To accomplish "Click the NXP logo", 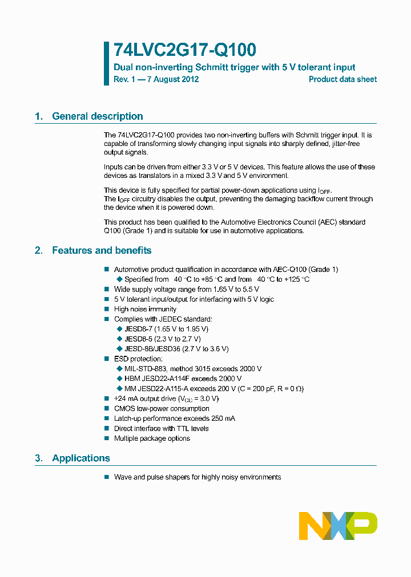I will [x=338, y=526].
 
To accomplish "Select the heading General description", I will [x=98, y=116].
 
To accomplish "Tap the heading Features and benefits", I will [x=102, y=250].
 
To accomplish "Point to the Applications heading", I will [x=81, y=458].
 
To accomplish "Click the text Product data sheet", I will [x=342, y=79].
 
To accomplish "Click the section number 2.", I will [x=38, y=250].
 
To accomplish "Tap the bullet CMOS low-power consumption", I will [x=162, y=409].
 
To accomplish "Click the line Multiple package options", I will [x=152, y=438].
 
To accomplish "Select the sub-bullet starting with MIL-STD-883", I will [x=193, y=369].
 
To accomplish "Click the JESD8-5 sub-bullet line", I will [x=162, y=339].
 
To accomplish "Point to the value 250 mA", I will [x=222, y=418].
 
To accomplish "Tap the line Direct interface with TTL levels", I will [x=161, y=429].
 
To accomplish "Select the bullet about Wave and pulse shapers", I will [x=197, y=477].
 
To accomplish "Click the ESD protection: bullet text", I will [x=138, y=359].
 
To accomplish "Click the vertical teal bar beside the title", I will [x=106, y=63].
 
